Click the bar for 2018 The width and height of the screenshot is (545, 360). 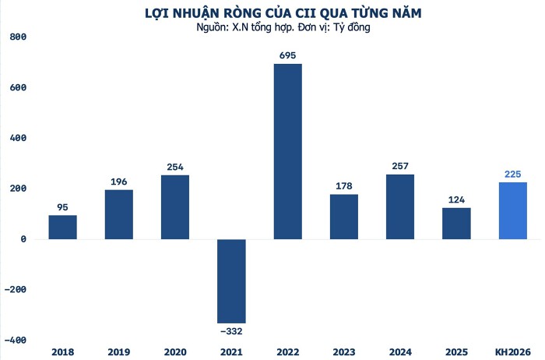(x=62, y=227)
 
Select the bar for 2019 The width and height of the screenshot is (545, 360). (x=118, y=214)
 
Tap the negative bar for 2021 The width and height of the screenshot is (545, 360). (x=231, y=281)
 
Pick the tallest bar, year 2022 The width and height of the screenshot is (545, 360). (x=287, y=151)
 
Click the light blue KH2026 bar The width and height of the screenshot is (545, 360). (x=512, y=210)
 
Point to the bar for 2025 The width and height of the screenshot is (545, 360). (x=456, y=223)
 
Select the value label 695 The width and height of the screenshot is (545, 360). (x=287, y=55)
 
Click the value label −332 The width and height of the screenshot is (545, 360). (x=230, y=332)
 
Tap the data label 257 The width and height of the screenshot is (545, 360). (x=400, y=165)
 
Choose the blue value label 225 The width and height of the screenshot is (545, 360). (x=512, y=173)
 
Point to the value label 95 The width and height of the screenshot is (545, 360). (x=62, y=206)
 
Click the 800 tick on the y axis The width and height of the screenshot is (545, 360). (x=18, y=37)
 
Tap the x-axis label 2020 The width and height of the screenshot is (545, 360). (x=174, y=351)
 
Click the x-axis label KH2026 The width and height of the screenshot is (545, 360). (x=512, y=351)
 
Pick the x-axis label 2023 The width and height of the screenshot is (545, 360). (x=343, y=351)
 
